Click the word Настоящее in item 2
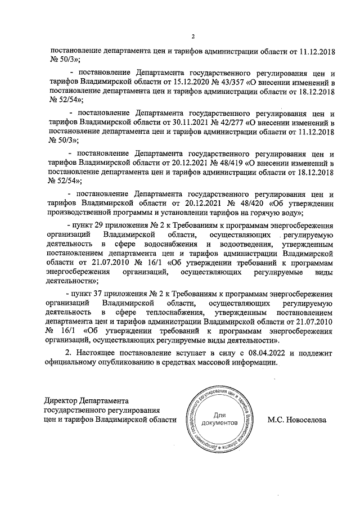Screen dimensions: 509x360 (x=99, y=353)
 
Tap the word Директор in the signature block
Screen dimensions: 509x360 (x=60, y=401)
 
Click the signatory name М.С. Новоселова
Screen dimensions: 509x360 (x=297, y=419)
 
